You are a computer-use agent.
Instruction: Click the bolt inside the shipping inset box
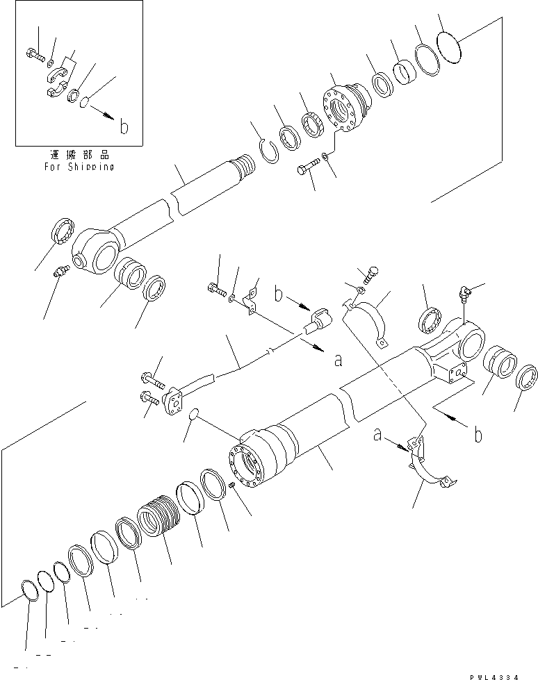[33, 53]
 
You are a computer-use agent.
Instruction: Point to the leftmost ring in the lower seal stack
[30, 589]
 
